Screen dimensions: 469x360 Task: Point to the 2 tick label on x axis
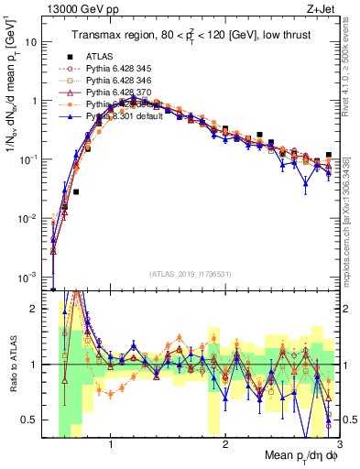pyautogui.click(x=225, y=446)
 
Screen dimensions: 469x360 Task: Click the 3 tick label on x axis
pyautogui.click(x=339, y=446)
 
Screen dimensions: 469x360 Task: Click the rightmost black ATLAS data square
pyautogui.click(x=329, y=156)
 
